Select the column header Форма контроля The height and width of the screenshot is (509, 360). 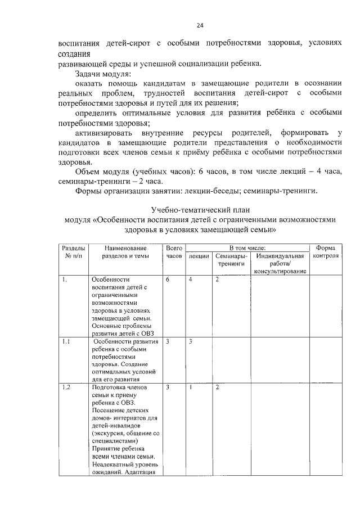coord(326,251)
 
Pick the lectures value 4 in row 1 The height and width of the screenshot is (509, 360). coord(191,280)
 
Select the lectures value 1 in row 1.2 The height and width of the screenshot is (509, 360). coord(191,388)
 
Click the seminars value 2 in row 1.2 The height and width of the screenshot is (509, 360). coord(217,388)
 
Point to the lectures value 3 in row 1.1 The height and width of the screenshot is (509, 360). coord(191,341)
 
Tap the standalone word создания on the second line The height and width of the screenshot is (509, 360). coord(73,54)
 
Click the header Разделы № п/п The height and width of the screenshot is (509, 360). coord(73,251)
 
